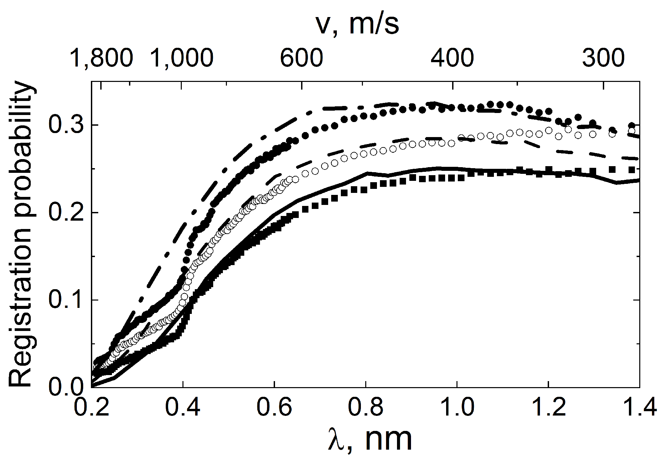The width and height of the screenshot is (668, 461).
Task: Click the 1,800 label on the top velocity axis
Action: (102, 57)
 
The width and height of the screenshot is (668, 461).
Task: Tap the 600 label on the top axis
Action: (301, 57)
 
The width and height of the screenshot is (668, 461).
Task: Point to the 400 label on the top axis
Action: (452, 57)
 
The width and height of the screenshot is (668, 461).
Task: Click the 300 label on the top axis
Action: (603, 57)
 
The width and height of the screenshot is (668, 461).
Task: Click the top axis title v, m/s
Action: (357, 25)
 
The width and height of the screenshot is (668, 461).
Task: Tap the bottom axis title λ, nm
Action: (369, 439)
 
